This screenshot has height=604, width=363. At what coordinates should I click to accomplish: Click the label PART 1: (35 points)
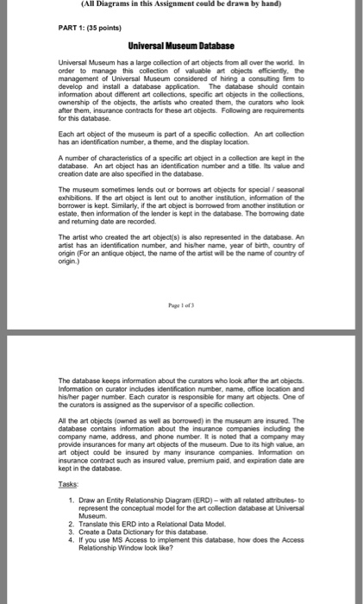click(x=83, y=26)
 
